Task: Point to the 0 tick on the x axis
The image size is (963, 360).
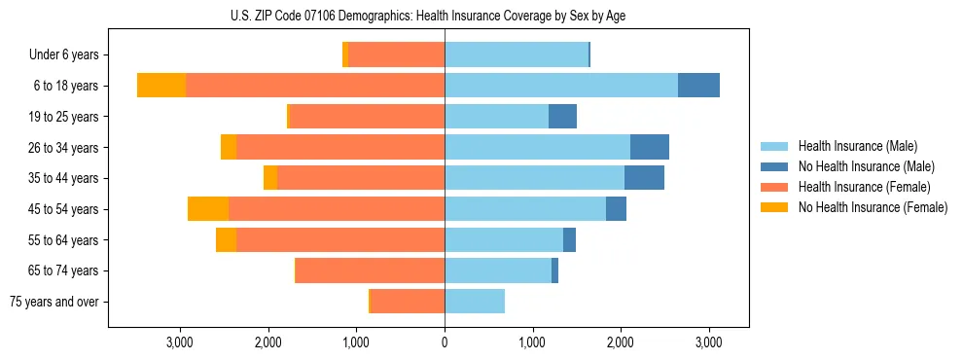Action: coord(445,342)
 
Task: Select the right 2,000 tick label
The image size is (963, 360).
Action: coord(621,342)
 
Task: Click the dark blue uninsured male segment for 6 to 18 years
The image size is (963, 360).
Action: coord(698,86)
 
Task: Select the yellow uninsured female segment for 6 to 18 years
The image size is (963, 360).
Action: coord(161,86)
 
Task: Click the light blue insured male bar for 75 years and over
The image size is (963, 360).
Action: coord(475,302)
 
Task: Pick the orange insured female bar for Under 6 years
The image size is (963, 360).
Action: coord(396,55)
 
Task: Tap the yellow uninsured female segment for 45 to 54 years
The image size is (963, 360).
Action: coord(208,209)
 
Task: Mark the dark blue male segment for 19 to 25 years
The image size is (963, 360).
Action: coord(562,117)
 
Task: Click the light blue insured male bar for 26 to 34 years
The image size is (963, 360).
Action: coord(537,147)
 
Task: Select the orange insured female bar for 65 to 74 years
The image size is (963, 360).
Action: coord(370,270)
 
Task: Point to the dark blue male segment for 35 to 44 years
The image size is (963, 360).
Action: coord(644,178)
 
